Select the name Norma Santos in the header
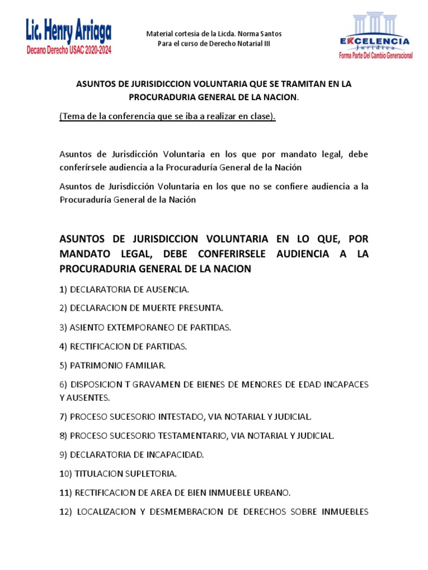[x=262, y=34]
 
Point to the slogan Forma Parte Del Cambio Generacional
[x=376, y=56]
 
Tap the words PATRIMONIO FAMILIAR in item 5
[x=118, y=365]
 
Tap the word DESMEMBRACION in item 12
[x=199, y=512]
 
